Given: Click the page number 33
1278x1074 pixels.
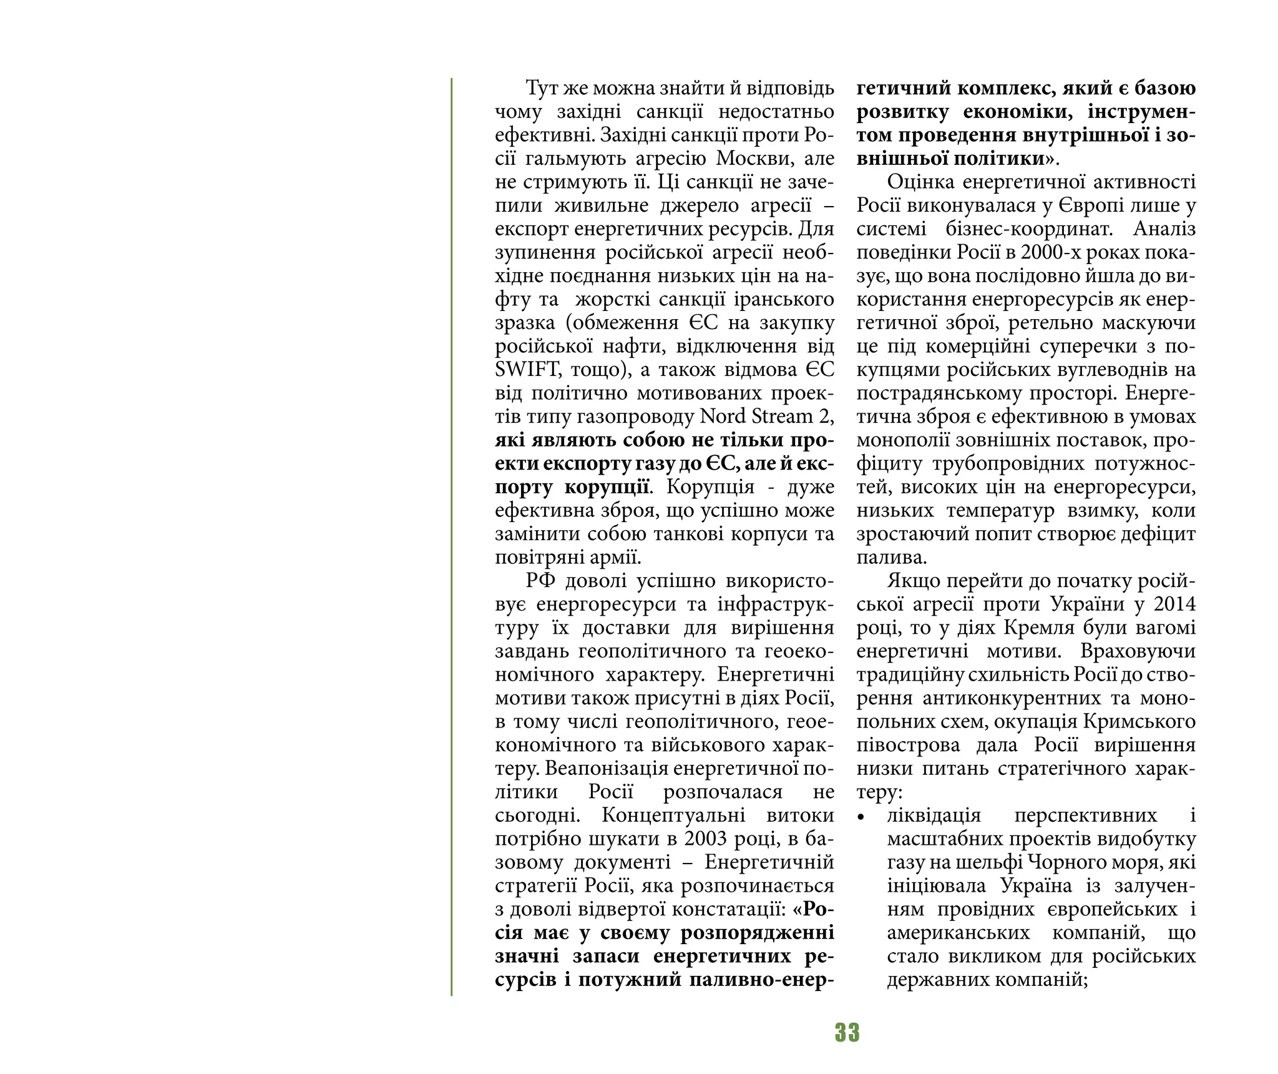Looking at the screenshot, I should (847, 1033).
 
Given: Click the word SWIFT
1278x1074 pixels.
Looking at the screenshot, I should (522, 370).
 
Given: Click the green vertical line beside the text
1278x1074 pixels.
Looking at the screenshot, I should (451, 537).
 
